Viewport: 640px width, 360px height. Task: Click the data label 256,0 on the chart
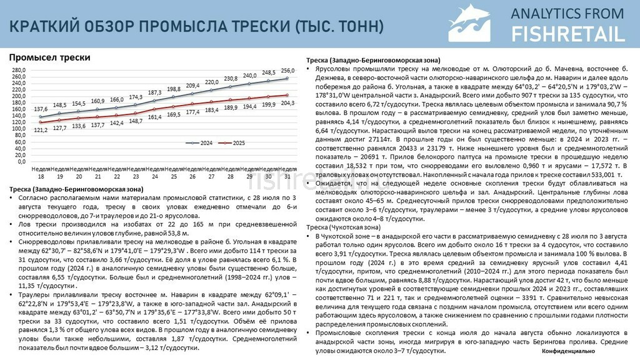(x=287, y=71)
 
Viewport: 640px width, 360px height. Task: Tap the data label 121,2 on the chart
(x=41, y=129)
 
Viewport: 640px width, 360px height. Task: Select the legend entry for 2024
(x=202, y=143)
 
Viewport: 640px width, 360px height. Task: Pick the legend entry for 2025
(x=235, y=143)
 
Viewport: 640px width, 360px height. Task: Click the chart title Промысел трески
(x=49, y=57)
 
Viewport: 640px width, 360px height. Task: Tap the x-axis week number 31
(x=287, y=177)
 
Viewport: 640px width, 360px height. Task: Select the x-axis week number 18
(x=41, y=177)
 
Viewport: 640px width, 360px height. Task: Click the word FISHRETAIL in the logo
(x=567, y=34)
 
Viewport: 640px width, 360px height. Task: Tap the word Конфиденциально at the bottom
(x=568, y=352)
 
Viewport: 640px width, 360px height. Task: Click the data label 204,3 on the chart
(x=288, y=103)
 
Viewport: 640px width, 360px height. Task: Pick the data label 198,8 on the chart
(x=174, y=89)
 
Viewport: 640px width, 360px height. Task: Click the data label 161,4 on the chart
(x=154, y=117)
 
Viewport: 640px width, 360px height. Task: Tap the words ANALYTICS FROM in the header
(x=567, y=13)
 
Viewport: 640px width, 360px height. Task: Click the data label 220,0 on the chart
(x=212, y=82)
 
